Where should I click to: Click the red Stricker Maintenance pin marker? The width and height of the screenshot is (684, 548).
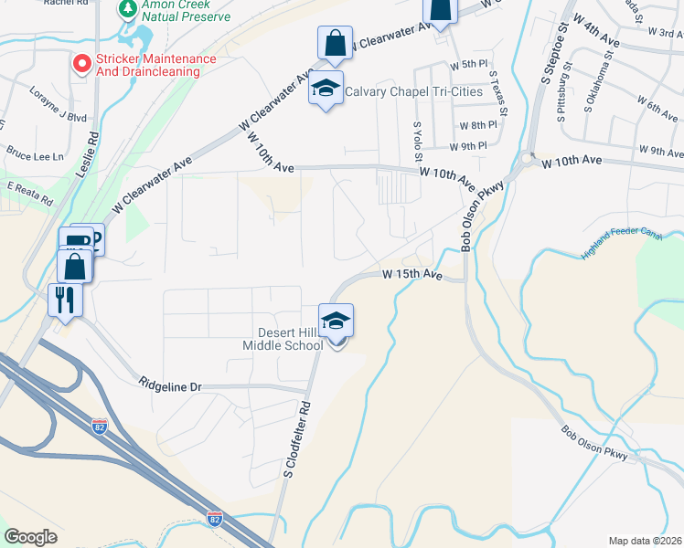[81, 64]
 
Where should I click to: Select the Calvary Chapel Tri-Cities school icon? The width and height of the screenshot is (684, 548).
[326, 89]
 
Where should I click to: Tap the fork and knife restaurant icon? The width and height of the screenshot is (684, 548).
[65, 300]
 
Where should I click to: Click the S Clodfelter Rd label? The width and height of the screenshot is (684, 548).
[299, 441]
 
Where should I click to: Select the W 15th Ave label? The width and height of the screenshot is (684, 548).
[411, 274]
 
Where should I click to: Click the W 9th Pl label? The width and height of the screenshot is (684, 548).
[467, 146]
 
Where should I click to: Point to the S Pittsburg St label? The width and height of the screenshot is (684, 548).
[563, 91]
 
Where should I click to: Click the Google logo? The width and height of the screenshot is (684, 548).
[31, 537]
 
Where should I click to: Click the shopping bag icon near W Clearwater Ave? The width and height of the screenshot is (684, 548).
[335, 42]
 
